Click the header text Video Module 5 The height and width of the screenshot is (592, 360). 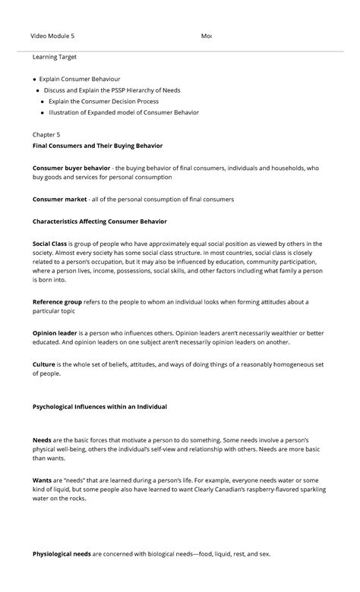pyautogui.click(x=52, y=36)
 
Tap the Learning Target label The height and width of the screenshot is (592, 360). pyautogui.click(x=54, y=57)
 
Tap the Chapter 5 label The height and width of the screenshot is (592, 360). pyautogui.click(x=46, y=134)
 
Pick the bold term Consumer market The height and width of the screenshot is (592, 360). pyautogui.click(x=59, y=200)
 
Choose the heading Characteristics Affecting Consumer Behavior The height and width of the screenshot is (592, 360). pyautogui.click(x=105, y=222)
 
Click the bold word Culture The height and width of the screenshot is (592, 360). pyautogui.click(x=43, y=364)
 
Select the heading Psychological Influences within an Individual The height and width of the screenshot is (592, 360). pyautogui.click(x=99, y=407)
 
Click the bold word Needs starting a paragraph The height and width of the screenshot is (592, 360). pyautogui.click(x=42, y=440)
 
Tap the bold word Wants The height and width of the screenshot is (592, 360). pyautogui.click(x=42, y=480)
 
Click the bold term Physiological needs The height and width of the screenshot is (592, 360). pyautogui.click(x=62, y=554)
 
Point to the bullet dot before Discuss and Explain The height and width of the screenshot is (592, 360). pyautogui.click(x=39, y=90)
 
